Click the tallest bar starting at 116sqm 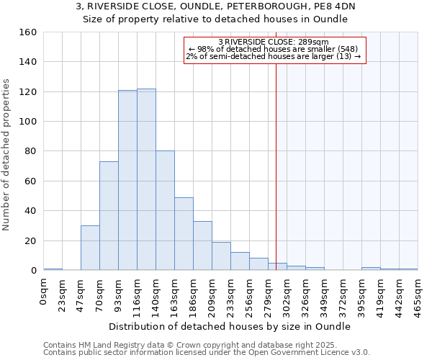tap(146, 179)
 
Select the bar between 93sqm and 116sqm tap(127, 180)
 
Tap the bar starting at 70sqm tap(109, 216)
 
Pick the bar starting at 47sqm tap(90, 248)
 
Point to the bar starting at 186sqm tap(202, 246)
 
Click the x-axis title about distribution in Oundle tap(230, 326)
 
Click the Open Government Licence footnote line tap(207, 353)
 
